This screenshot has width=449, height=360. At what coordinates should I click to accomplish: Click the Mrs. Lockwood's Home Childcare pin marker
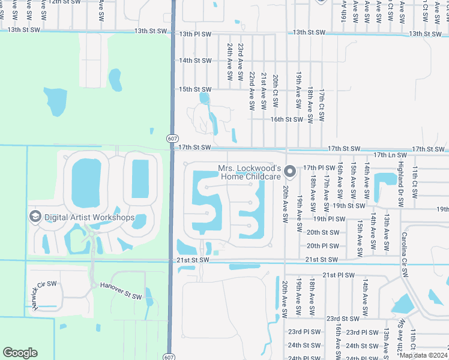click(289, 172)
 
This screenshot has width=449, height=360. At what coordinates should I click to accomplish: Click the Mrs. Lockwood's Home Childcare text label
click(250, 172)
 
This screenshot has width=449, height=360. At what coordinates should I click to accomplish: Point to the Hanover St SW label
click(121, 292)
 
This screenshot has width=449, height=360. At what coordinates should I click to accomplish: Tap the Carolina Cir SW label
click(405, 254)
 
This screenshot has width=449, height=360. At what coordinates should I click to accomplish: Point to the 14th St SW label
click(196, 61)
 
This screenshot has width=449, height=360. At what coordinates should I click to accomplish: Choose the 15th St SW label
click(196, 89)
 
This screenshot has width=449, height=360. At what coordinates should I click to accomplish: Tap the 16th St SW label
click(286, 119)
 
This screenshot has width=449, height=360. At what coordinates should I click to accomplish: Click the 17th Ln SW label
click(390, 155)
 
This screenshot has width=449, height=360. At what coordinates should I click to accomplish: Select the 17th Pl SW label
click(319, 167)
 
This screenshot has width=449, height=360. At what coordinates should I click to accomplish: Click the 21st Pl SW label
click(338, 275)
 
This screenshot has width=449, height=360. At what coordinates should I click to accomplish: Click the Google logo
click(20, 353)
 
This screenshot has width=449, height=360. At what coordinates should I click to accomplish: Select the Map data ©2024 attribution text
click(423, 355)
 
